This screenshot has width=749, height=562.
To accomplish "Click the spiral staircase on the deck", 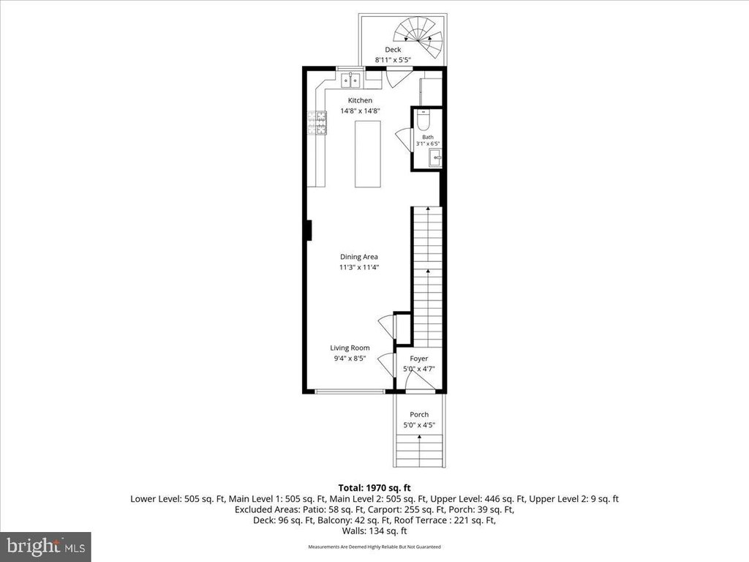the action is coord(419,37).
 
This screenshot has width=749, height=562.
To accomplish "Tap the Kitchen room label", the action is coord(360,100).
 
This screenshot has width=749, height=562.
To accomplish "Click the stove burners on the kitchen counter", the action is coord(317,123).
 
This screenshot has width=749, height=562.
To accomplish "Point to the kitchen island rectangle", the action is coord(368,154).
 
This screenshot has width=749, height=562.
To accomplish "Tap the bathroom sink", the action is coord(435,157).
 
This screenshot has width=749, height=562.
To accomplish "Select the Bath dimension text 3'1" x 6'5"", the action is coord(427,143).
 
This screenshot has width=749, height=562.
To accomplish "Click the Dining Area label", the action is coord(358,257).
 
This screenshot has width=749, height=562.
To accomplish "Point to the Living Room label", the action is coord(350,348).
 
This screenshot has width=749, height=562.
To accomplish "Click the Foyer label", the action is coord(419,359).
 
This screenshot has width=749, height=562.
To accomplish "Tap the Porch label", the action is coord(419,414).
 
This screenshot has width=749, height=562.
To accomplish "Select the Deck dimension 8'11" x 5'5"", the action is coord(393,60).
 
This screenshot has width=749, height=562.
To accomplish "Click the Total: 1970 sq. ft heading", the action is coord(374,488).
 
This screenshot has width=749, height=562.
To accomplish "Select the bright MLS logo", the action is coord(45,546).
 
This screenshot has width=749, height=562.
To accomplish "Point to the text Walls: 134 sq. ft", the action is coord(374,531).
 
